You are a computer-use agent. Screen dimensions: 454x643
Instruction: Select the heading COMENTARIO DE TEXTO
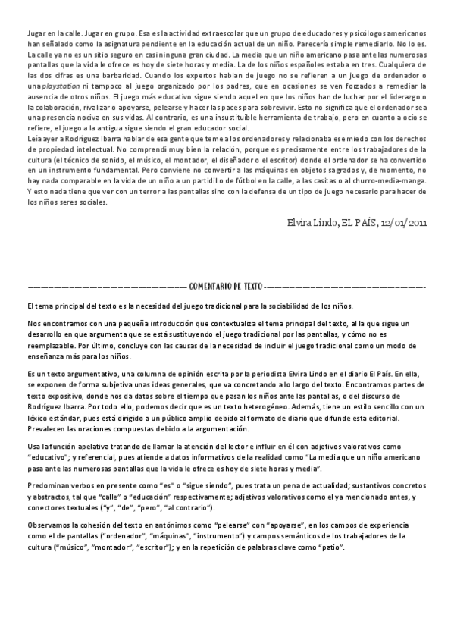coord(226,287)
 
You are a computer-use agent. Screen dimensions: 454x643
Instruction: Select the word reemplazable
coord(51,345)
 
